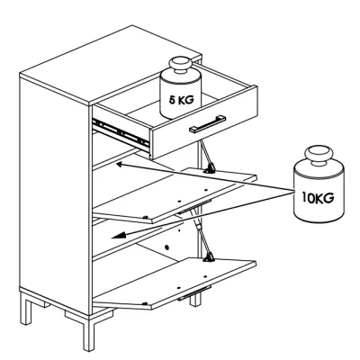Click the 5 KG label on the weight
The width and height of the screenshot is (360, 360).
click(x=181, y=100)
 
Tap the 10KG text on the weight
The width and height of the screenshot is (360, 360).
click(x=318, y=198)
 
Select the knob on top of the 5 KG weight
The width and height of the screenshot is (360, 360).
click(x=180, y=66)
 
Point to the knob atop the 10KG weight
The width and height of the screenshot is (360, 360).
click(x=319, y=156)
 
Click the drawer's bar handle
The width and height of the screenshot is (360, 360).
click(x=207, y=123)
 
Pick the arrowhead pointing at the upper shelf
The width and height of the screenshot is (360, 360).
click(x=120, y=164)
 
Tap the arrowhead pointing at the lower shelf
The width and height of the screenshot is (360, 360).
click(x=117, y=236)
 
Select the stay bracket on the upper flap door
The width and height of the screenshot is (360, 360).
click(x=210, y=168)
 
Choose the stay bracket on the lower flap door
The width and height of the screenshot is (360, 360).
click(x=209, y=257)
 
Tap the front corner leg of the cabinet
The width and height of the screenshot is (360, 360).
click(x=89, y=332)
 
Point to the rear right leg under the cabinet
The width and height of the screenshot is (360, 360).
click(x=195, y=299)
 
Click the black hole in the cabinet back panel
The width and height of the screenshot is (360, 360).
click(x=166, y=247)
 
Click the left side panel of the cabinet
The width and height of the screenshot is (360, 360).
click(x=55, y=195)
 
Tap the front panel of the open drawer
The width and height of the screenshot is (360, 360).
click(x=203, y=123)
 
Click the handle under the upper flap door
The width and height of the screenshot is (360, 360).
click(x=193, y=207)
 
